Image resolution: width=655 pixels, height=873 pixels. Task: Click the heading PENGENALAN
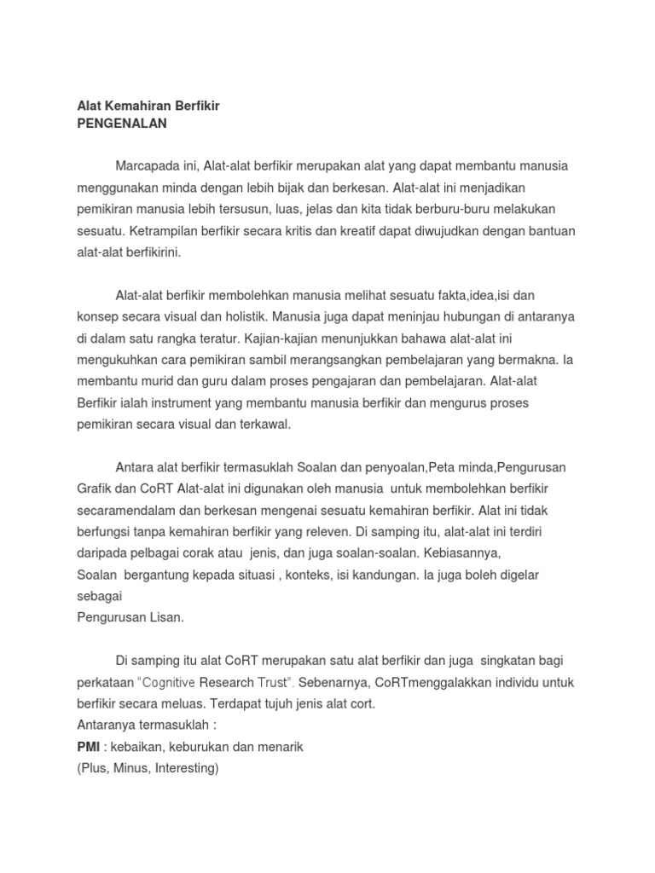122,124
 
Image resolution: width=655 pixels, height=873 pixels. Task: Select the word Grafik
95,489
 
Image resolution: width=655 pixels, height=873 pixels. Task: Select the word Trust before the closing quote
270,682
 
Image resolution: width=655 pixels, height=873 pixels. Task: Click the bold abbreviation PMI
89,746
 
